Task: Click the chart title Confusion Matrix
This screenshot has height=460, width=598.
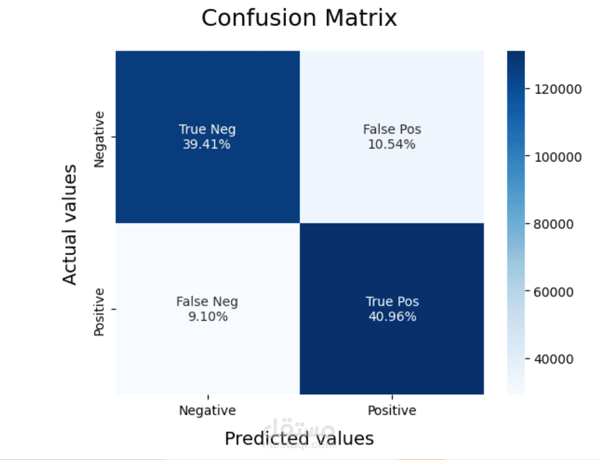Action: (299, 18)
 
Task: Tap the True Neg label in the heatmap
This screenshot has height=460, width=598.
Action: (207, 129)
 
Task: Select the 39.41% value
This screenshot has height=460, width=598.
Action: (207, 144)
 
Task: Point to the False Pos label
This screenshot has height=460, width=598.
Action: (392, 129)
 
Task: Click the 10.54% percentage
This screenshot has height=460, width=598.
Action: (391, 144)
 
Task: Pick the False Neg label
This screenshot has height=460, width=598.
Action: (207, 302)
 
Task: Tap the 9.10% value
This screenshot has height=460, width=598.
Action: (208, 317)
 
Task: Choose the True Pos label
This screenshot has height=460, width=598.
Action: (392, 302)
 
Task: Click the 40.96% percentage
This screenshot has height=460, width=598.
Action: (392, 317)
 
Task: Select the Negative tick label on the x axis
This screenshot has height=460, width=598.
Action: (207, 410)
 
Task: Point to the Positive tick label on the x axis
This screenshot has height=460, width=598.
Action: (392, 410)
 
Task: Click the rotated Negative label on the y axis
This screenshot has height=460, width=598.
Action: (99, 139)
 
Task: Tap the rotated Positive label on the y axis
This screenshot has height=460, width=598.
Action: (99, 312)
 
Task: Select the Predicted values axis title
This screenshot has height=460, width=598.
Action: (300, 439)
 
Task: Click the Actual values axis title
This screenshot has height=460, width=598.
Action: (70, 225)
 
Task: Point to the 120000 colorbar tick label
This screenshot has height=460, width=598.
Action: (558, 89)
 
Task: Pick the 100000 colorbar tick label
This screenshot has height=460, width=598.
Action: (558, 157)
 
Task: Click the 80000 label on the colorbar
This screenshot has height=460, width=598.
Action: (554, 224)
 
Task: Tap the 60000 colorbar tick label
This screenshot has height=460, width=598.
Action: (554, 292)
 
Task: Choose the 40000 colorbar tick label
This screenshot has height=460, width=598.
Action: (554, 359)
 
